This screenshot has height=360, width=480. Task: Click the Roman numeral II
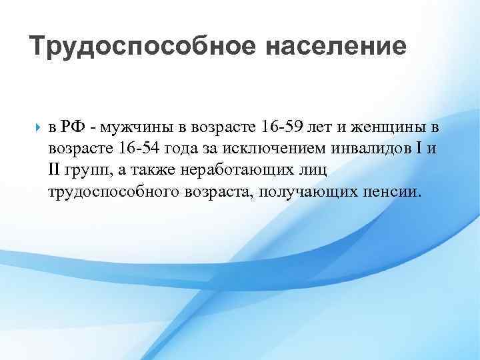pyautogui.click(x=55, y=171)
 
